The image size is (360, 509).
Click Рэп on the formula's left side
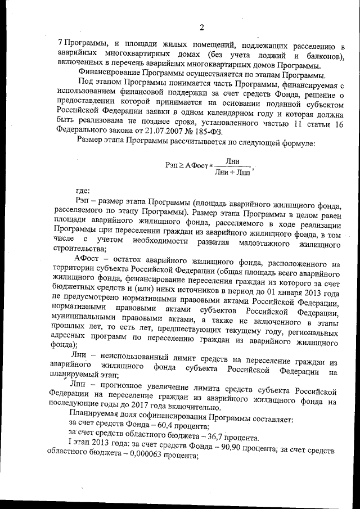(174, 166)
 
